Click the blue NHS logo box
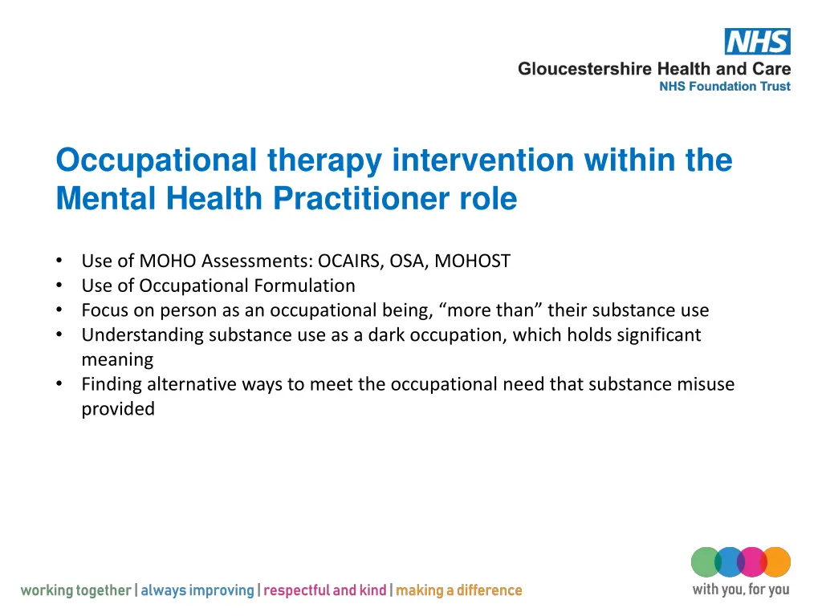tap(757, 42)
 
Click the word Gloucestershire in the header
tap(585, 69)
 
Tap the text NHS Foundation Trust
tap(724, 87)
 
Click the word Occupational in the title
tap(157, 160)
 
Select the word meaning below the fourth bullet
tap(117, 359)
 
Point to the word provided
tap(118, 409)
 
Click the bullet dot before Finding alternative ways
tap(60, 384)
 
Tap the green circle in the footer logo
tap(706, 561)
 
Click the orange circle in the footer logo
tap(776, 561)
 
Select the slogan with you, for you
tap(740, 590)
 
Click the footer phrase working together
tap(75, 591)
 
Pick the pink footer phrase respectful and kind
tap(324, 591)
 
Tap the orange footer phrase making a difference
tap(458, 591)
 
